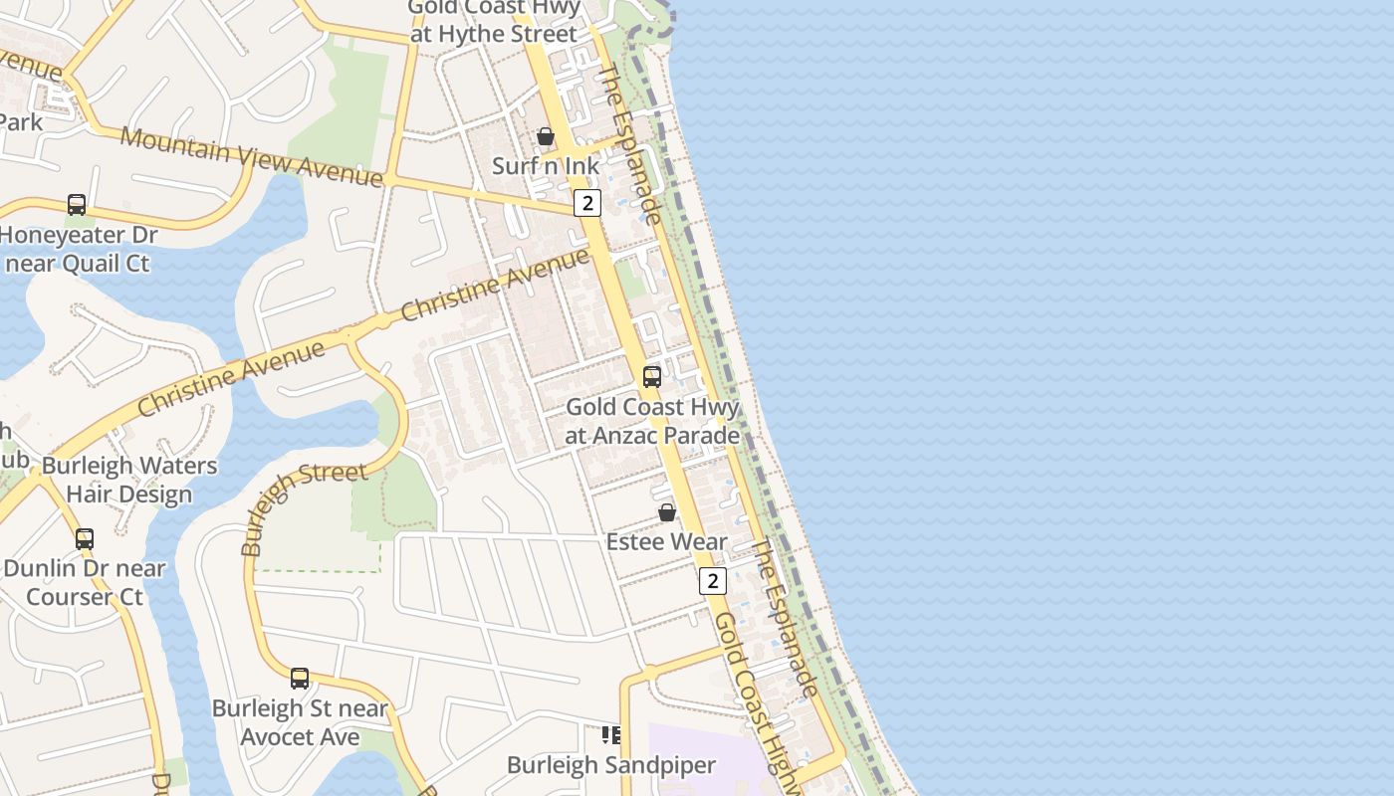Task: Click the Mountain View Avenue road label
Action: [251, 157]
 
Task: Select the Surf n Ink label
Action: [546, 165]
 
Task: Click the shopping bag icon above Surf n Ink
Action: [546, 136]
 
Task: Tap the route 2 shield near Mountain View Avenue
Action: [587, 203]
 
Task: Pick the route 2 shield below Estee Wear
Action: [712, 581]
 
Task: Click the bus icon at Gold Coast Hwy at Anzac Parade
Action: [652, 377]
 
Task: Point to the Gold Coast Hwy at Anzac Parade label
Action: [652, 421]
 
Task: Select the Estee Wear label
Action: [667, 542]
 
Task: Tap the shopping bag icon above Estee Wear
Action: [667, 512]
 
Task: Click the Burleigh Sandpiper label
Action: [611, 765]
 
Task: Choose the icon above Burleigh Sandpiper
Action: [610, 735]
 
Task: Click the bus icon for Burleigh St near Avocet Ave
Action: [300, 679]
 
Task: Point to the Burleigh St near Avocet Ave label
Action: [300, 722]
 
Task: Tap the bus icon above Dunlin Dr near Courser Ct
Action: [85, 539]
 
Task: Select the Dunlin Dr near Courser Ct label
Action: [85, 582]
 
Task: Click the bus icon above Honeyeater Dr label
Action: [77, 205]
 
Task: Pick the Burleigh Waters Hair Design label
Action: [129, 480]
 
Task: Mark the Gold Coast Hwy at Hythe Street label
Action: [495, 22]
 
